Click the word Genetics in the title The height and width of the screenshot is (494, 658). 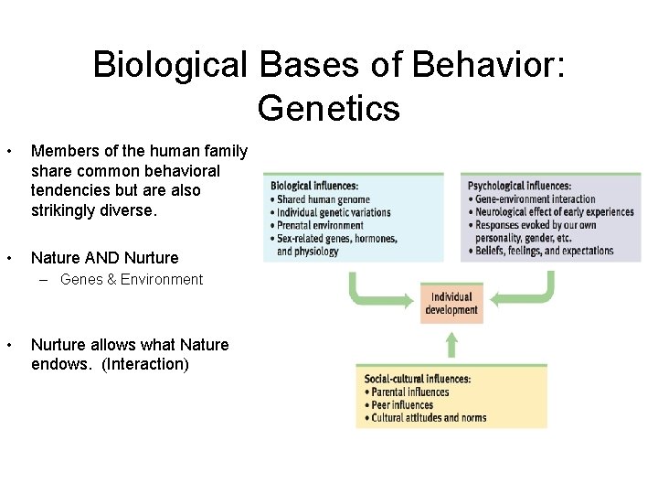pyautogui.click(x=329, y=108)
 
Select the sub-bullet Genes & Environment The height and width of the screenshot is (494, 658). pyautogui.click(x=131, y=280)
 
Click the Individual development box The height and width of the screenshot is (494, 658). pyautogui.click(x=451, y=303)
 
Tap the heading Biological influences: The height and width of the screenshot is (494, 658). pyautogui.click(x=314, y=187)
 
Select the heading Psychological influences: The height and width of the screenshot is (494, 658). pyautogui.click(x=520, y=187)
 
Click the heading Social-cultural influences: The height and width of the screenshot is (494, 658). pyautogui.click(x=417, y=379)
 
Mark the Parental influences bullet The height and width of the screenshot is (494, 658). pyautogui.click(x=407, y=392)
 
